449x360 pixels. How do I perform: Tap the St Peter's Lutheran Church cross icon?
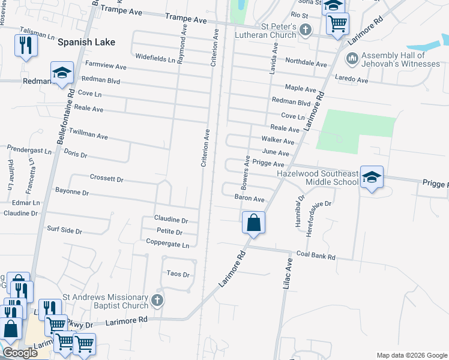point(306,29)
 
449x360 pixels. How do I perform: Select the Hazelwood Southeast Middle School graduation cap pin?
point(372,177)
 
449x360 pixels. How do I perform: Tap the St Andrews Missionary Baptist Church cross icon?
point(157,300)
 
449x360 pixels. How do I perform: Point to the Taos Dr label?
point(178,274)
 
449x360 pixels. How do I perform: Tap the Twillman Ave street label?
point(88,133)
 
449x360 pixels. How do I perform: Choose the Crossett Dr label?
point(106,179)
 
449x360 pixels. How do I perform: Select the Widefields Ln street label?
point(155,59)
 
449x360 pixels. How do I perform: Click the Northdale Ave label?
point(306,62)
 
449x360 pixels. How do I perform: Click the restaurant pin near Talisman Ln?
point(25,46)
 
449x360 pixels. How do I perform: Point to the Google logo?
point(20,353)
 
